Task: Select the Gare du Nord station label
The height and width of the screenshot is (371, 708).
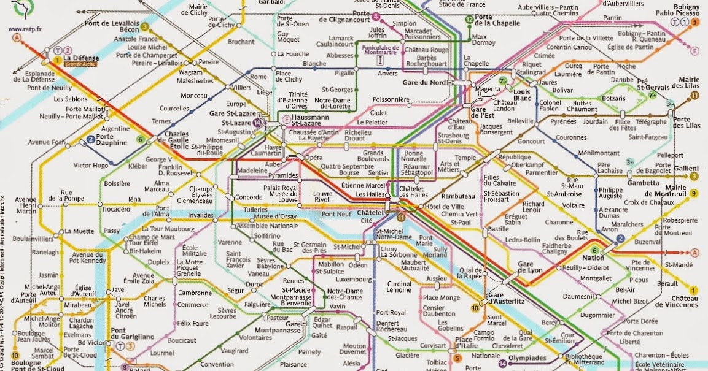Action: click(424, 83)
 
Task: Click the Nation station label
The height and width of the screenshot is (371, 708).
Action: click(597, 258)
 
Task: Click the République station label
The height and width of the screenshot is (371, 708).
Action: click(514, 157)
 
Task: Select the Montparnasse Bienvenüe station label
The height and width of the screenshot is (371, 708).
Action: click(293, 299)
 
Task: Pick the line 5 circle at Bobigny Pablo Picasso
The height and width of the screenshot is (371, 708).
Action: click(695, 21)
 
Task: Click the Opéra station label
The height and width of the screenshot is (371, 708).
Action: click(314, 158)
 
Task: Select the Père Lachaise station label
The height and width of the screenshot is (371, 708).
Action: click(611, 169)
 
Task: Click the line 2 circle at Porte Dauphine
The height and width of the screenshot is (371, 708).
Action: click(90, 139)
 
